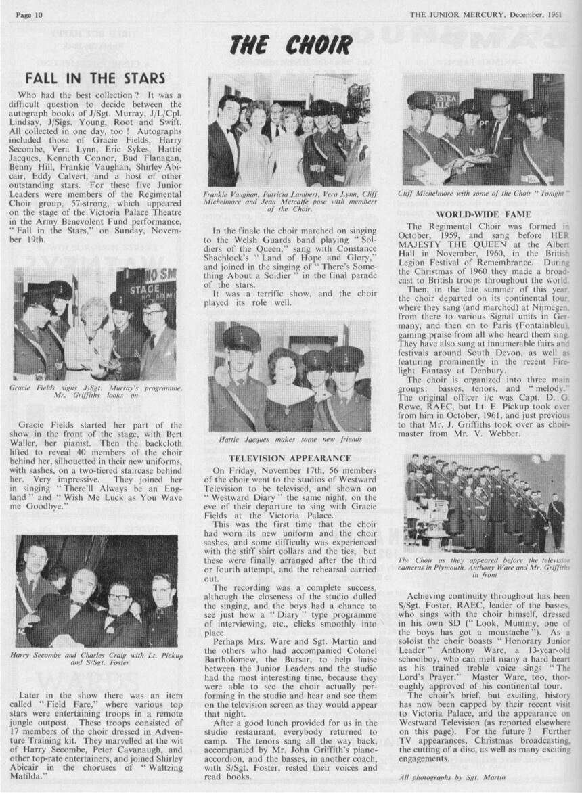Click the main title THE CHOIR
click(290, 45)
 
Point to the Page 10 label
click(30, 14)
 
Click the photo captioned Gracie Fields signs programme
click(95, 323)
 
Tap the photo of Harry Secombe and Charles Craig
click(96, 591)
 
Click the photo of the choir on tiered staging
click(484, 503)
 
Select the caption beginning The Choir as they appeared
click(483, 567)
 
